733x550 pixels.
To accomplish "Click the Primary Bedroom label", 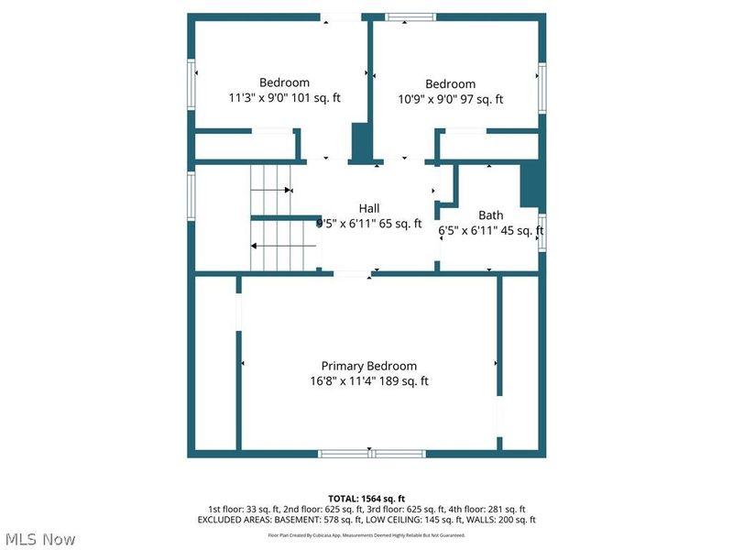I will [x=368, y=365].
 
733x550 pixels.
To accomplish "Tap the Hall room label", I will [x=368, y=208].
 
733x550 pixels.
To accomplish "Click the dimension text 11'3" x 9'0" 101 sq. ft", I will [x=284, y=97].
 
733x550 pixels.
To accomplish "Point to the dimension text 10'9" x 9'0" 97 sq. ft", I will [x=450, y=99].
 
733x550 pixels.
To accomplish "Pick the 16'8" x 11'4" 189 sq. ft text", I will [x=368, y=381].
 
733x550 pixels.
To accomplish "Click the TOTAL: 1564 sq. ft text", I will [x=366, y=498].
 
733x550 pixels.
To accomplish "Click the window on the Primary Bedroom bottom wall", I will [x=371, y=453].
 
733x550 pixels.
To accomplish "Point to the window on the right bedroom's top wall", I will [x=410, y=16].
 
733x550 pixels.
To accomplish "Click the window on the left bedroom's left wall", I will [x=191, y=86].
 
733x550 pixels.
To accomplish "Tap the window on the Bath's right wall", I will [x=542, y=231].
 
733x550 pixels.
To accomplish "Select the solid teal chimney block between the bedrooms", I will [x=361, y=142].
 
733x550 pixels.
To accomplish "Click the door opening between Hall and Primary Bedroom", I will [x=351, y=273].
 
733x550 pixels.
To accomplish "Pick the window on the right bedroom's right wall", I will [x=542, y=89].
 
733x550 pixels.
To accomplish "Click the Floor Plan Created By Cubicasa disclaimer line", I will [x=366, y=534].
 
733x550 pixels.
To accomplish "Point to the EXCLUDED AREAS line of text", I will [x=366, y=520].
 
